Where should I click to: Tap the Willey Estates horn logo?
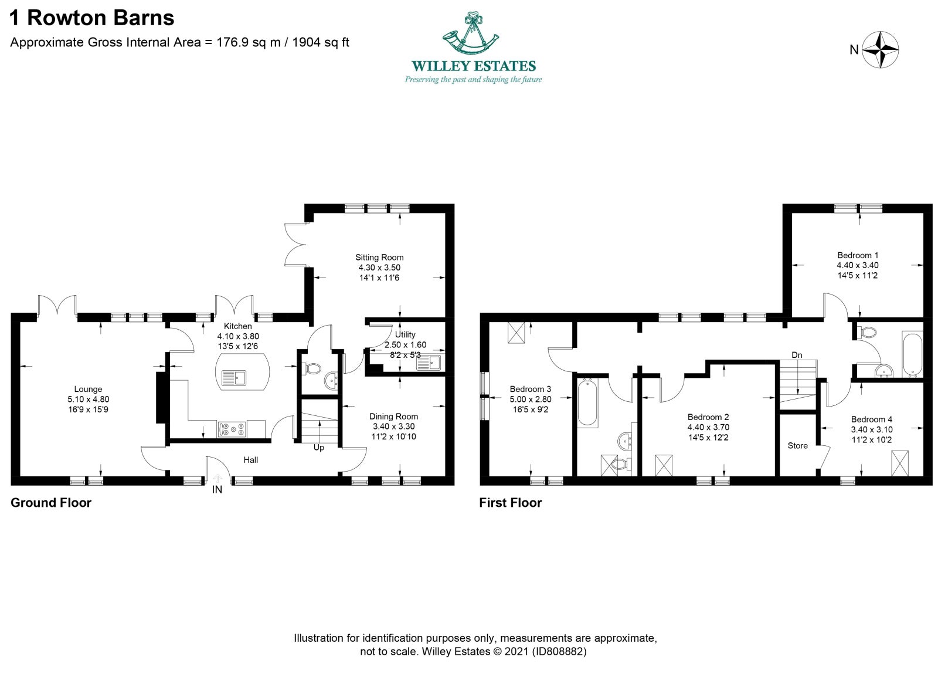click(471, 33)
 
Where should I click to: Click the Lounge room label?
click(88, 389)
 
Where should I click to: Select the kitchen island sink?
click(234, 377)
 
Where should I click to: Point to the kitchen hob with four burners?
click(232, 429)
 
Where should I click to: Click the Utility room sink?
click(429, 363)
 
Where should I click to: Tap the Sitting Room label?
click(379, 257)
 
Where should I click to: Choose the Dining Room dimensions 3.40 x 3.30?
click(393, 426)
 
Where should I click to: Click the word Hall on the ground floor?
click(251, 459)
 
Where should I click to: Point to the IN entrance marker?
click(217, 489)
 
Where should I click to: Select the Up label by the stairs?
click(319, 448)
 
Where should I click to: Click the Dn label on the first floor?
click(797, 355)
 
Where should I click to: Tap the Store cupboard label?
click(797, 445)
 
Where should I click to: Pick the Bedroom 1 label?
click(858, 255)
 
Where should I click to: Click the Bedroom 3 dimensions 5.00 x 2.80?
click(531, 400)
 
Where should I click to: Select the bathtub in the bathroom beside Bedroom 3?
click(587, 402)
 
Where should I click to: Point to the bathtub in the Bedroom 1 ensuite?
click(913, 355)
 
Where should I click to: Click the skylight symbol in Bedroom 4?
click(900, 463)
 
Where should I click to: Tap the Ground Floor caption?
click(50, 503)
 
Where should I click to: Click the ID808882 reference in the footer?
click(559, 651)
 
